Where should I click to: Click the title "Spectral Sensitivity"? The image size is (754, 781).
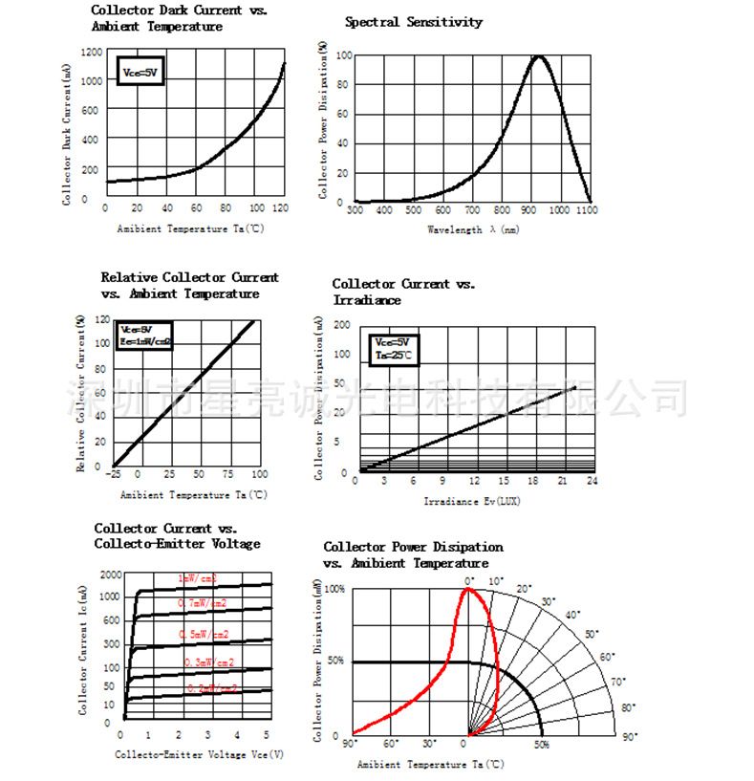pos(414,22)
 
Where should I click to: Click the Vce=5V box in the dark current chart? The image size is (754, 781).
pos(138,73)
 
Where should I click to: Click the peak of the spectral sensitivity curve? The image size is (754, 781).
pos(538,56)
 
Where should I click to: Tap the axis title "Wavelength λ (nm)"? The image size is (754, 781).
pos(473,229)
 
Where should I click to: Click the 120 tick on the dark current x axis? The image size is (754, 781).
pos(281,208)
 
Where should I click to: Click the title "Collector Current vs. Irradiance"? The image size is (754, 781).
pos(402,292)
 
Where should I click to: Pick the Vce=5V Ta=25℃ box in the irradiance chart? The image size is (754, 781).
pos(393,348)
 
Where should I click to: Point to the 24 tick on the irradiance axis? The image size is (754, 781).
pos(592,481)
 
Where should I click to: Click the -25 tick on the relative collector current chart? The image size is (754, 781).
pos(115,474)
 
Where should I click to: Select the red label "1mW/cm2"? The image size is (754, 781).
pos(197,579)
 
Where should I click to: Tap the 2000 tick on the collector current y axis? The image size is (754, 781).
pos(111,575)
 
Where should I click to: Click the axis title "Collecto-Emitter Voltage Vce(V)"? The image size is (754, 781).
pos(199,754)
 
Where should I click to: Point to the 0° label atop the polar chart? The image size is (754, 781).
pos(469,580)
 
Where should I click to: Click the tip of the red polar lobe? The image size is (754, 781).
pos(468,589)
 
